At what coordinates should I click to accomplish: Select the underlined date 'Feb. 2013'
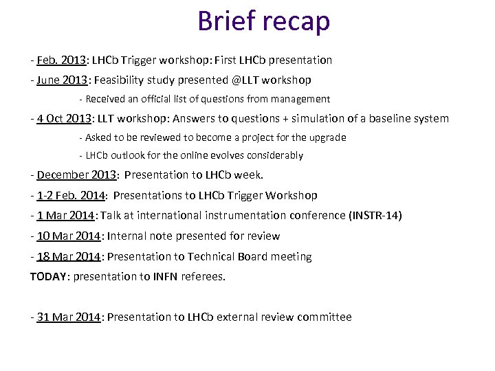(61, 60)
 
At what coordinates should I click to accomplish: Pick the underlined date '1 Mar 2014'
(65, 216)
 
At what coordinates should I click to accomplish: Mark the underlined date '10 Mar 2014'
(69, 236)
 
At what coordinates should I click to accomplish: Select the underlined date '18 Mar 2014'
(69, 257)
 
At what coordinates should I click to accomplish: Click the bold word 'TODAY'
(49, 277)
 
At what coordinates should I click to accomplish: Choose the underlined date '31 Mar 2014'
(69, 317)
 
